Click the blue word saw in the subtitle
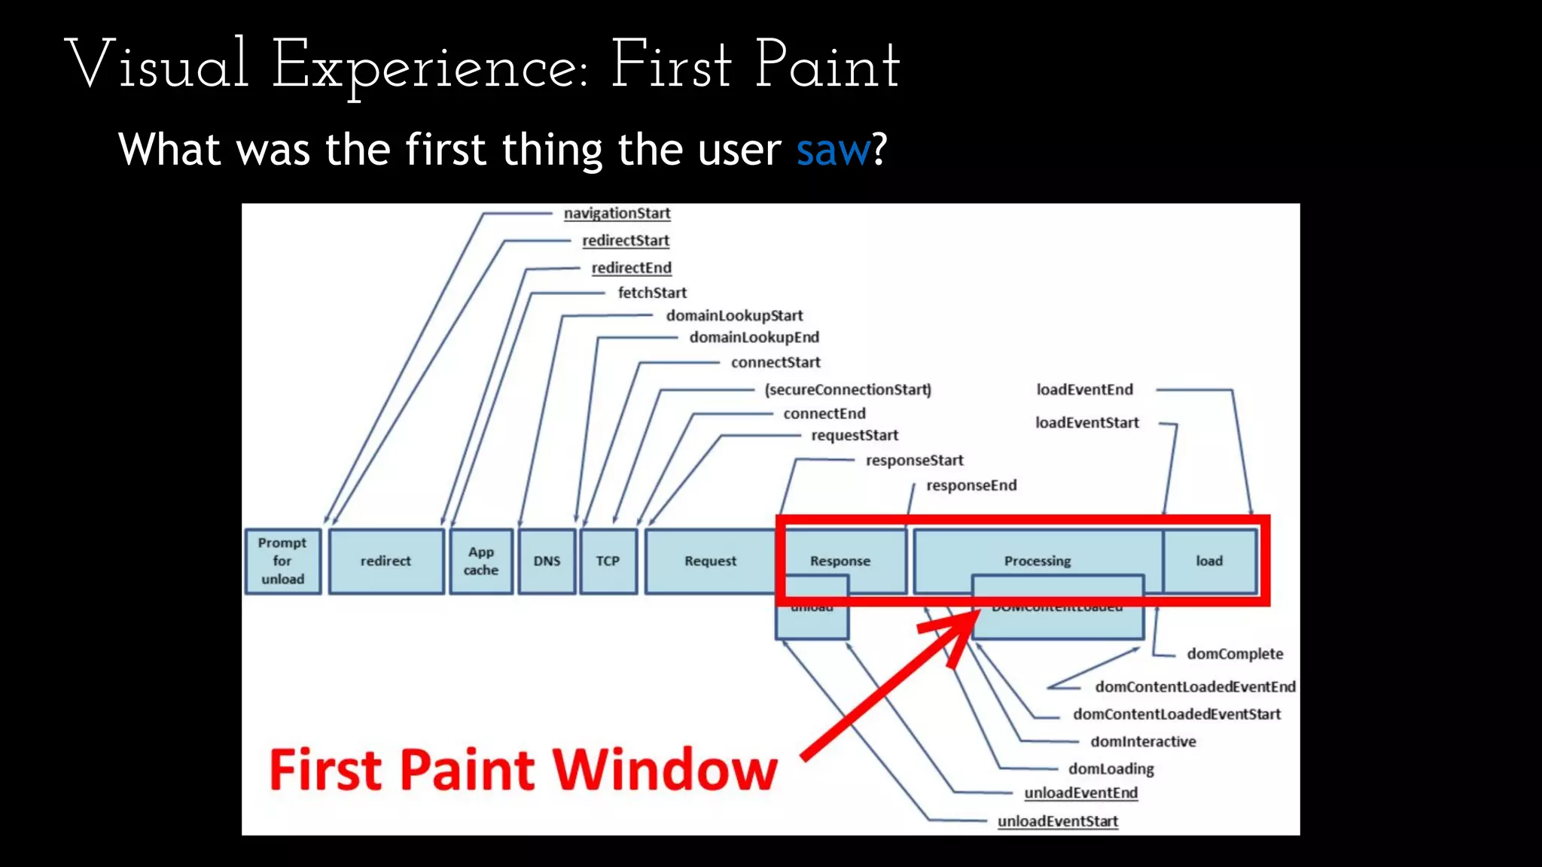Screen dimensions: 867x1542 pos(833,150)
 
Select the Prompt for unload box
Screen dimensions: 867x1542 pos(282,561)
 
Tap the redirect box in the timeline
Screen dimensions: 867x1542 pos(385,561)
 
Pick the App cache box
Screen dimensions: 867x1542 pos(481,561)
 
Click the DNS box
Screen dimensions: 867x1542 pos(547,561)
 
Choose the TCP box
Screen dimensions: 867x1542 pos(608,561)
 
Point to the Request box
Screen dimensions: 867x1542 pos(710,561)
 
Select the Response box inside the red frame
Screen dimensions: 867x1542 pos(840,561)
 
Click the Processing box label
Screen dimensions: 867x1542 pos(1037,561)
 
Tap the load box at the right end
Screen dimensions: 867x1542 pos(1209,561)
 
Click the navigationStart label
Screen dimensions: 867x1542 pos(617,214)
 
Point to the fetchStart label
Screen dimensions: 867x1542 pos(652,293)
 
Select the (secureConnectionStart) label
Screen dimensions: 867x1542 pos(848,390)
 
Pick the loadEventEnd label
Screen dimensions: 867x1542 pos(1084,390)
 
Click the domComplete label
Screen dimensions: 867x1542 pos(1235,654)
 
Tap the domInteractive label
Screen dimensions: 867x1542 pos(1143,742)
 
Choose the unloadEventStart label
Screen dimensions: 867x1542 pos(1057,822)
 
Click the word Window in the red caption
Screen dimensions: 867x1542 pos(665,770)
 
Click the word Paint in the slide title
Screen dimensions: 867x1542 pos(827,66)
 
